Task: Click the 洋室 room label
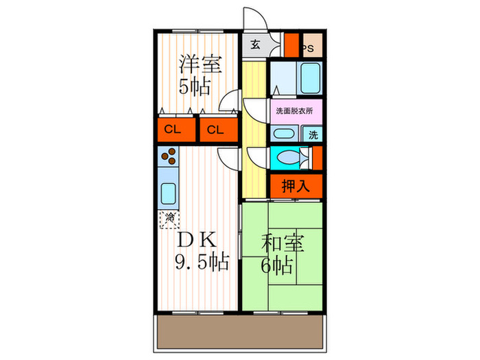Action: click(x=200, y=65)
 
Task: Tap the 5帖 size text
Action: click(x=195, y=87)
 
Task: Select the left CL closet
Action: click(x=172, y=130)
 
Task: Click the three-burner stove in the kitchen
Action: click(x=167, y=160)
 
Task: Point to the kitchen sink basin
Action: click(x=167, y=194)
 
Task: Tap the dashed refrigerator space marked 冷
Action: click(x=169, y=219)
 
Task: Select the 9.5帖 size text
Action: click(x=200, y=261)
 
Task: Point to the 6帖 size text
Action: click(x=277, y=265)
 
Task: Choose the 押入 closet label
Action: click(x=296, y=184)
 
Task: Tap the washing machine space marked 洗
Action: click(x=312, y=134)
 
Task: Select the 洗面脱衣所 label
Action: click(x=294, y=110)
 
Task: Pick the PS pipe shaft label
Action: click(x=309, y=48)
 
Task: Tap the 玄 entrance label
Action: click(x=254, y=45)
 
